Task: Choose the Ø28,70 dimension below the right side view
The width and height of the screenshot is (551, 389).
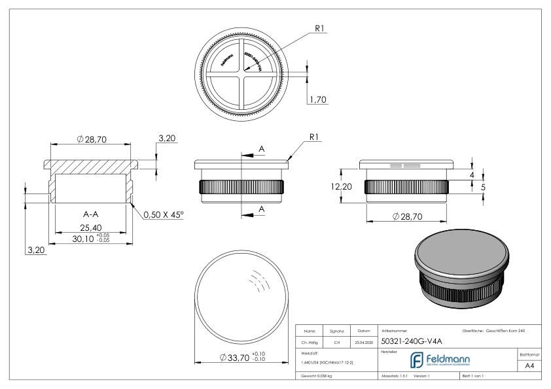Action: [406, 216]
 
